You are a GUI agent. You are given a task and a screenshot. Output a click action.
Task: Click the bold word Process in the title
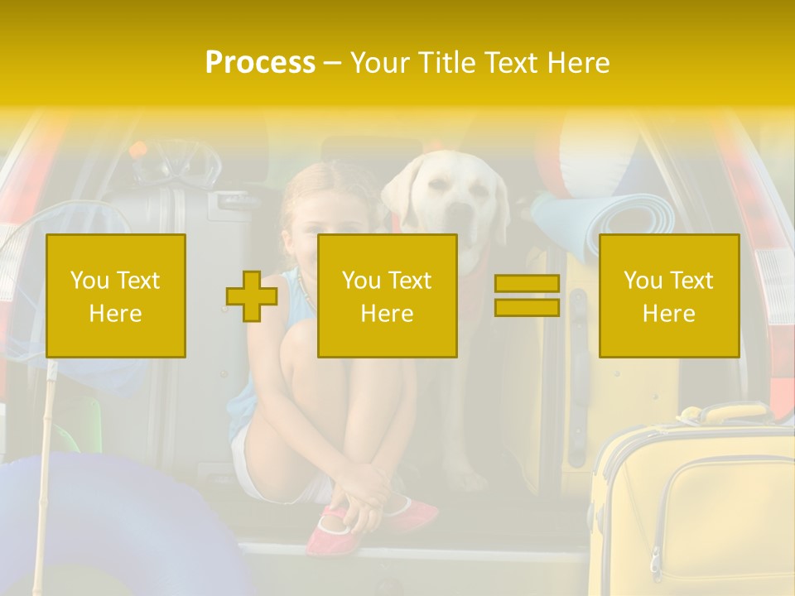pyautogui.click(x=260, y=62)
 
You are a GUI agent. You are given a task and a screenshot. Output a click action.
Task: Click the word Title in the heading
pyautogui.click(x=448, y=62)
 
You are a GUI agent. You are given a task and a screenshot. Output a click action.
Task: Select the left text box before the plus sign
pyautogui.click(x=116, y=296)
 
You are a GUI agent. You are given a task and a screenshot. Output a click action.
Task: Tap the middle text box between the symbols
pyautogui.click(x=388, y=296)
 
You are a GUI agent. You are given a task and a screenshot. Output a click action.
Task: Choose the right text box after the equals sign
pyautogui.click(x=669, y=296)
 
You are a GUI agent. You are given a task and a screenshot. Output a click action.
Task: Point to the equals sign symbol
pyautogui.click(x=527, y=296)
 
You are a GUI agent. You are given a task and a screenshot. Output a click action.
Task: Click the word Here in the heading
pyautogui.click(x=577, y=62)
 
